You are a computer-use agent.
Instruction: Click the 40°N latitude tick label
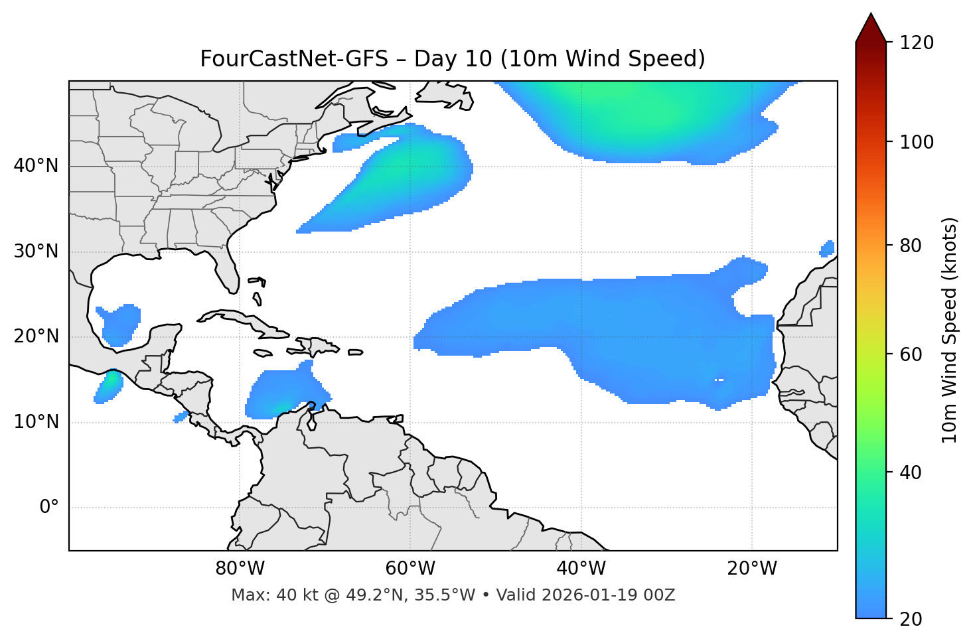[36, 166]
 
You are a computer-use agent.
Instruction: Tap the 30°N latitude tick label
[36, 251]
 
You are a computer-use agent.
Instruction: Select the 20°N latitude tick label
[36, 336]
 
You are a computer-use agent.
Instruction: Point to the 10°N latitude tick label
[36, 422]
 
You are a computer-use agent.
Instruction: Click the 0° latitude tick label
[49, 508]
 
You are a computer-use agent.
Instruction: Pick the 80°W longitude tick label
[240, 569]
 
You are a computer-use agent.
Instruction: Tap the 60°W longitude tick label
[410, 569]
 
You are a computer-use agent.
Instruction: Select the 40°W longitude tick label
[581, 569]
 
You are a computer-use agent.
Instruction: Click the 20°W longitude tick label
[752, 569]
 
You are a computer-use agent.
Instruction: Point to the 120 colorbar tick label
[917, 43]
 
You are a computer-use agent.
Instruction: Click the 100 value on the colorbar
[917, 142]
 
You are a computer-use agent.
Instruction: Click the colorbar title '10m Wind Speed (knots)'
[950, 330]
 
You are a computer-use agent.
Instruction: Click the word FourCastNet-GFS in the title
[294, 59]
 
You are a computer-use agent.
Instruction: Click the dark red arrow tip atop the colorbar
[871, 27]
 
